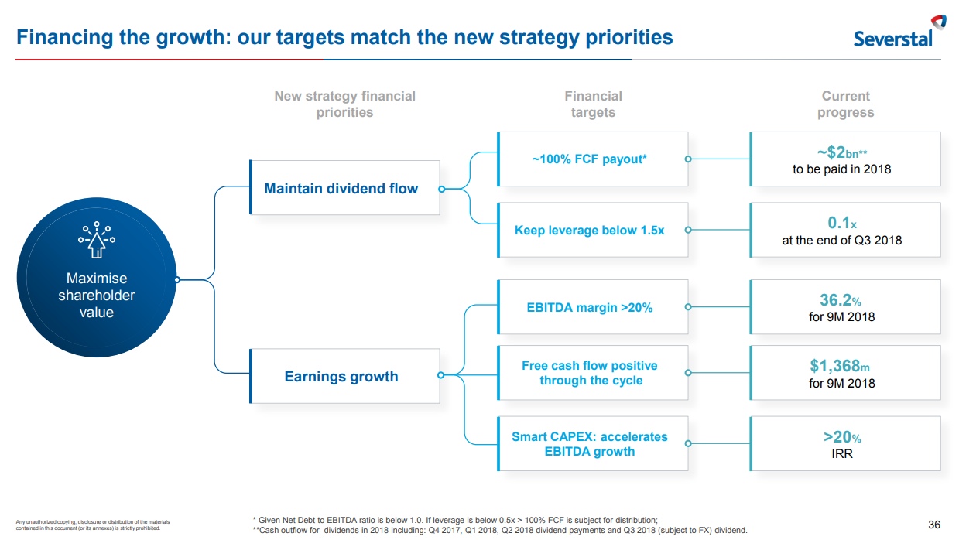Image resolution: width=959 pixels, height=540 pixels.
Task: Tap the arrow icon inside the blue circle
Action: pos(97,240)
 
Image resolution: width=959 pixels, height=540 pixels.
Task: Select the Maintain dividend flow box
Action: pos(344,187)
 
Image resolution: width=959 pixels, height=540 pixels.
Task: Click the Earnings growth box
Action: pos(344,376)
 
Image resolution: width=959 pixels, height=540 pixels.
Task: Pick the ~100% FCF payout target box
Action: pos(593,159)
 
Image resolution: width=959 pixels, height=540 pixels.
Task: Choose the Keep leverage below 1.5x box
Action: pos(593,230)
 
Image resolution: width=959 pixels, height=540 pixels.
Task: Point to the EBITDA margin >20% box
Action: pos(593,307)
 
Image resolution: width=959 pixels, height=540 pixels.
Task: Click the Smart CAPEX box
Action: pos(593,444)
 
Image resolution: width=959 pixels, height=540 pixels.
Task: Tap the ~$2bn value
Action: pos(841,152)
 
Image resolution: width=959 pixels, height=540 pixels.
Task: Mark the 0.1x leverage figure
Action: pos(841,223)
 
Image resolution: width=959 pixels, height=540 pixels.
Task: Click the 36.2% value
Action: pos(840,300)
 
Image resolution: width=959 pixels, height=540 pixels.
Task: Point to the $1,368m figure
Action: pos(840,366)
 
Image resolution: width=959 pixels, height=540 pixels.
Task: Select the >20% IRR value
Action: pos(841,437)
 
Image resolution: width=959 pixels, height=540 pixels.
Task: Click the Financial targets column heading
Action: pos(593,104)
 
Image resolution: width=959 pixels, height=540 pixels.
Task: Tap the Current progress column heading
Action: pos(845,104)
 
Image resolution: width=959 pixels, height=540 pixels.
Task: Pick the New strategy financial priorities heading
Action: pos(344,104)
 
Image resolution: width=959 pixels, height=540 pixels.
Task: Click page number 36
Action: pos(934,525)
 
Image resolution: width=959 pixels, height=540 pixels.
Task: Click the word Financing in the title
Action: pos(64,38)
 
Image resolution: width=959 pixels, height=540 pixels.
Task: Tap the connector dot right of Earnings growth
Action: pos(441,375)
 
